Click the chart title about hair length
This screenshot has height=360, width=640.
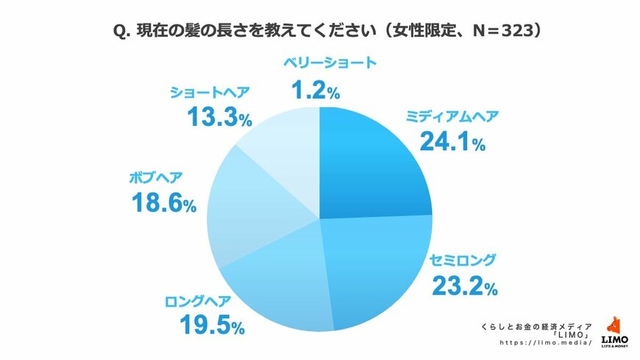[x=320, y=32]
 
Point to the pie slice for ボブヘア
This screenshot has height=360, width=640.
[x=246, y=210]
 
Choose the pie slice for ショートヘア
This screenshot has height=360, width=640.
[x=283, y=144]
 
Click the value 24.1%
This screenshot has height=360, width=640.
[x=452, y=141]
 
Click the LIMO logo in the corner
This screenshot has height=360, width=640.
[x=614, y=331]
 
